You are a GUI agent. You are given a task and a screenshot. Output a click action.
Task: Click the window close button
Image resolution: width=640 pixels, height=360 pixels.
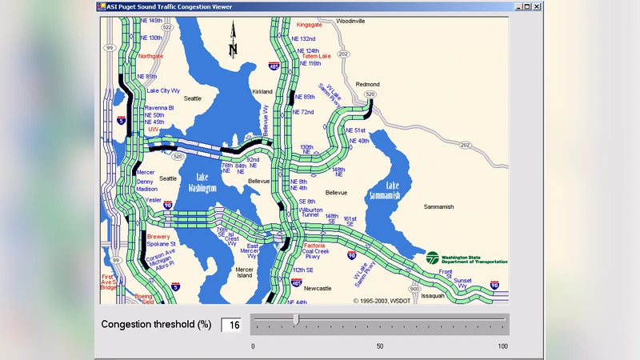(x=537, y=7)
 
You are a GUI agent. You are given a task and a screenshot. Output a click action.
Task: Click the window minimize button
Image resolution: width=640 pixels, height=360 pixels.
(x=516, y=7)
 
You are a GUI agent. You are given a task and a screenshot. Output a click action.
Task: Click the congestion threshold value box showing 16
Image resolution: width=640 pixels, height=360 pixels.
(x=231, y=324)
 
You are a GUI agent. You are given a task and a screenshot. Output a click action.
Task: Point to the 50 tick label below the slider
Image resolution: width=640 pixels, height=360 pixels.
(x=380, y=346)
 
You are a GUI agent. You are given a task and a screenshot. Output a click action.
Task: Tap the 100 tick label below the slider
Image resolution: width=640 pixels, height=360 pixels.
(x=502, y=346)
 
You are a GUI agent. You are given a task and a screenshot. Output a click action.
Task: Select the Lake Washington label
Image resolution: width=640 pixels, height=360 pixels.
(x=202, y=182)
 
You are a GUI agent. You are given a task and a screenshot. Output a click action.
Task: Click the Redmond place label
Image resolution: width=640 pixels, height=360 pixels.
(x=368, y=84)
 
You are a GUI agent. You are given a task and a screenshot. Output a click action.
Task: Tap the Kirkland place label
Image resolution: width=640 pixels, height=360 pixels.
(x=262, y=92)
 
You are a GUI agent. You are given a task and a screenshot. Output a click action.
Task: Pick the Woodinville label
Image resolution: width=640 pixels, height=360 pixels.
(x=350, y=20)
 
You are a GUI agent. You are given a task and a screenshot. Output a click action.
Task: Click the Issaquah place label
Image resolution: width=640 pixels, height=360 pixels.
(x=432, y=295)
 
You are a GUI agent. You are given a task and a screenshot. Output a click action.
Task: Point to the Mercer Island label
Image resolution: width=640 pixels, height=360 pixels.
(x=244, y=273)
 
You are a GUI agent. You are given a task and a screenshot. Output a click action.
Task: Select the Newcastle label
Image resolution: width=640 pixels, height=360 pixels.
(x=318, y=288)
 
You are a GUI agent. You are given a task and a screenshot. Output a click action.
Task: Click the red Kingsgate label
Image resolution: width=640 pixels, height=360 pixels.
(x=309, y=25)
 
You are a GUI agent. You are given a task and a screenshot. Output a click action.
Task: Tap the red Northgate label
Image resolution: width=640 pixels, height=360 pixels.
(x=150, y=56)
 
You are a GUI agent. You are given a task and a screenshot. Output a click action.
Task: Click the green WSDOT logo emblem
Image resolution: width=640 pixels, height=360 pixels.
(x=432, y=258)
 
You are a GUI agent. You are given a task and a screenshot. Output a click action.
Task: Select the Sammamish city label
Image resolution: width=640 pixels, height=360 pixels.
(x=438, y=206)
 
